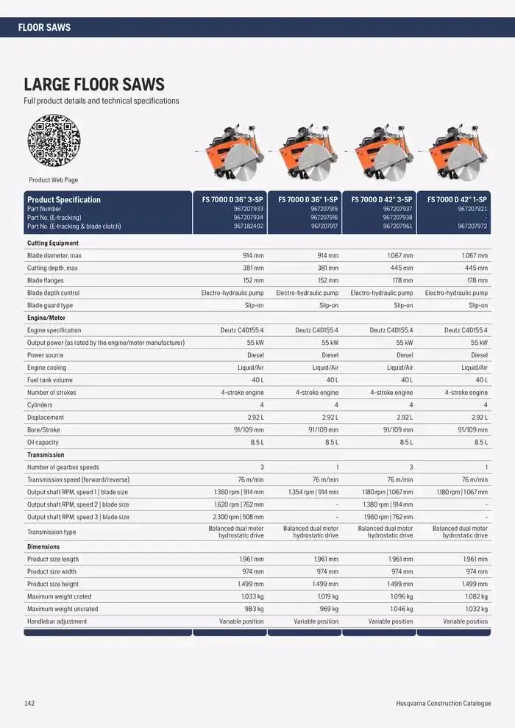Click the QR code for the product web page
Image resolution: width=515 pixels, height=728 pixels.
pos(54,140)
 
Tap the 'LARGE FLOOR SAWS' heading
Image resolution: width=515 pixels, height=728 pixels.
pos(94,85)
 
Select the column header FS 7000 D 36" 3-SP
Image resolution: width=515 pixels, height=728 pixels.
pos(232,199)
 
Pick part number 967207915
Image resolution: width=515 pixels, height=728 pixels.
pos(324,209)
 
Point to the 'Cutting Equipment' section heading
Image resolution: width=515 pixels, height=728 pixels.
pos(53,243)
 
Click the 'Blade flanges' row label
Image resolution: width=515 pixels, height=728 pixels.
pos(46,280)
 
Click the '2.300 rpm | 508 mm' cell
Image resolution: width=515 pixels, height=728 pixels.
pos(237,517)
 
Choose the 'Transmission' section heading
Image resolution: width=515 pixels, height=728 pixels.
pos(46,455)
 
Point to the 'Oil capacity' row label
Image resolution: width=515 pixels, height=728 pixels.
pos(43,443)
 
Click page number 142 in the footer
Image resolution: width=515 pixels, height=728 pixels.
pos(29,704)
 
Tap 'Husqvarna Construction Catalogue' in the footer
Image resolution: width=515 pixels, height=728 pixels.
pos(443,704)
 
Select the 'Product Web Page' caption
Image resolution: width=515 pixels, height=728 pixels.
pos(54,180)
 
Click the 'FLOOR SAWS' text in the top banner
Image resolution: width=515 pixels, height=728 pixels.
pos(44,27)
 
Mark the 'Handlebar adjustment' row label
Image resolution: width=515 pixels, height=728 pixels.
pos(57,621)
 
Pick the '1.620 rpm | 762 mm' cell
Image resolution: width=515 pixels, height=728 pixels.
pos(237,504)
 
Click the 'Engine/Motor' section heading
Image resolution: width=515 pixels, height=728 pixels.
pos(46,318)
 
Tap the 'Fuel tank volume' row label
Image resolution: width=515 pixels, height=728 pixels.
pos(50,380)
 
